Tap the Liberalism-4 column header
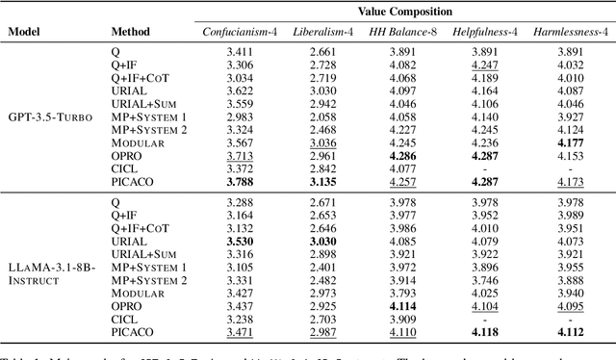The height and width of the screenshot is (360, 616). click(324, 32)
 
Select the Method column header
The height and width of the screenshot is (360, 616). click(131, 32)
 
